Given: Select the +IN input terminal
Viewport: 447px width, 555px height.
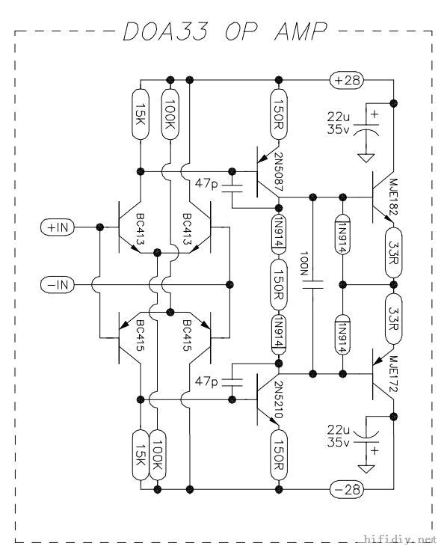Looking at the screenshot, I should pyautogui.click(x=58, y=226).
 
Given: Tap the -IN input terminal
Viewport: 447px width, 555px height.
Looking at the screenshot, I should pyautogui.click(x=58, y=284).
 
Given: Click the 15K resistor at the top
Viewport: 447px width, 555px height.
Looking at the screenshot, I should pyautogui.click(x=140, y=115).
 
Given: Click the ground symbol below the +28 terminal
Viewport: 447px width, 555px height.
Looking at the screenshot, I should pyautogui.click(x=366, y=158).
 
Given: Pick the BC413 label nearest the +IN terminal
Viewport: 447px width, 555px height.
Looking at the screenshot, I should pyautogui.click(x=140, y=230).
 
